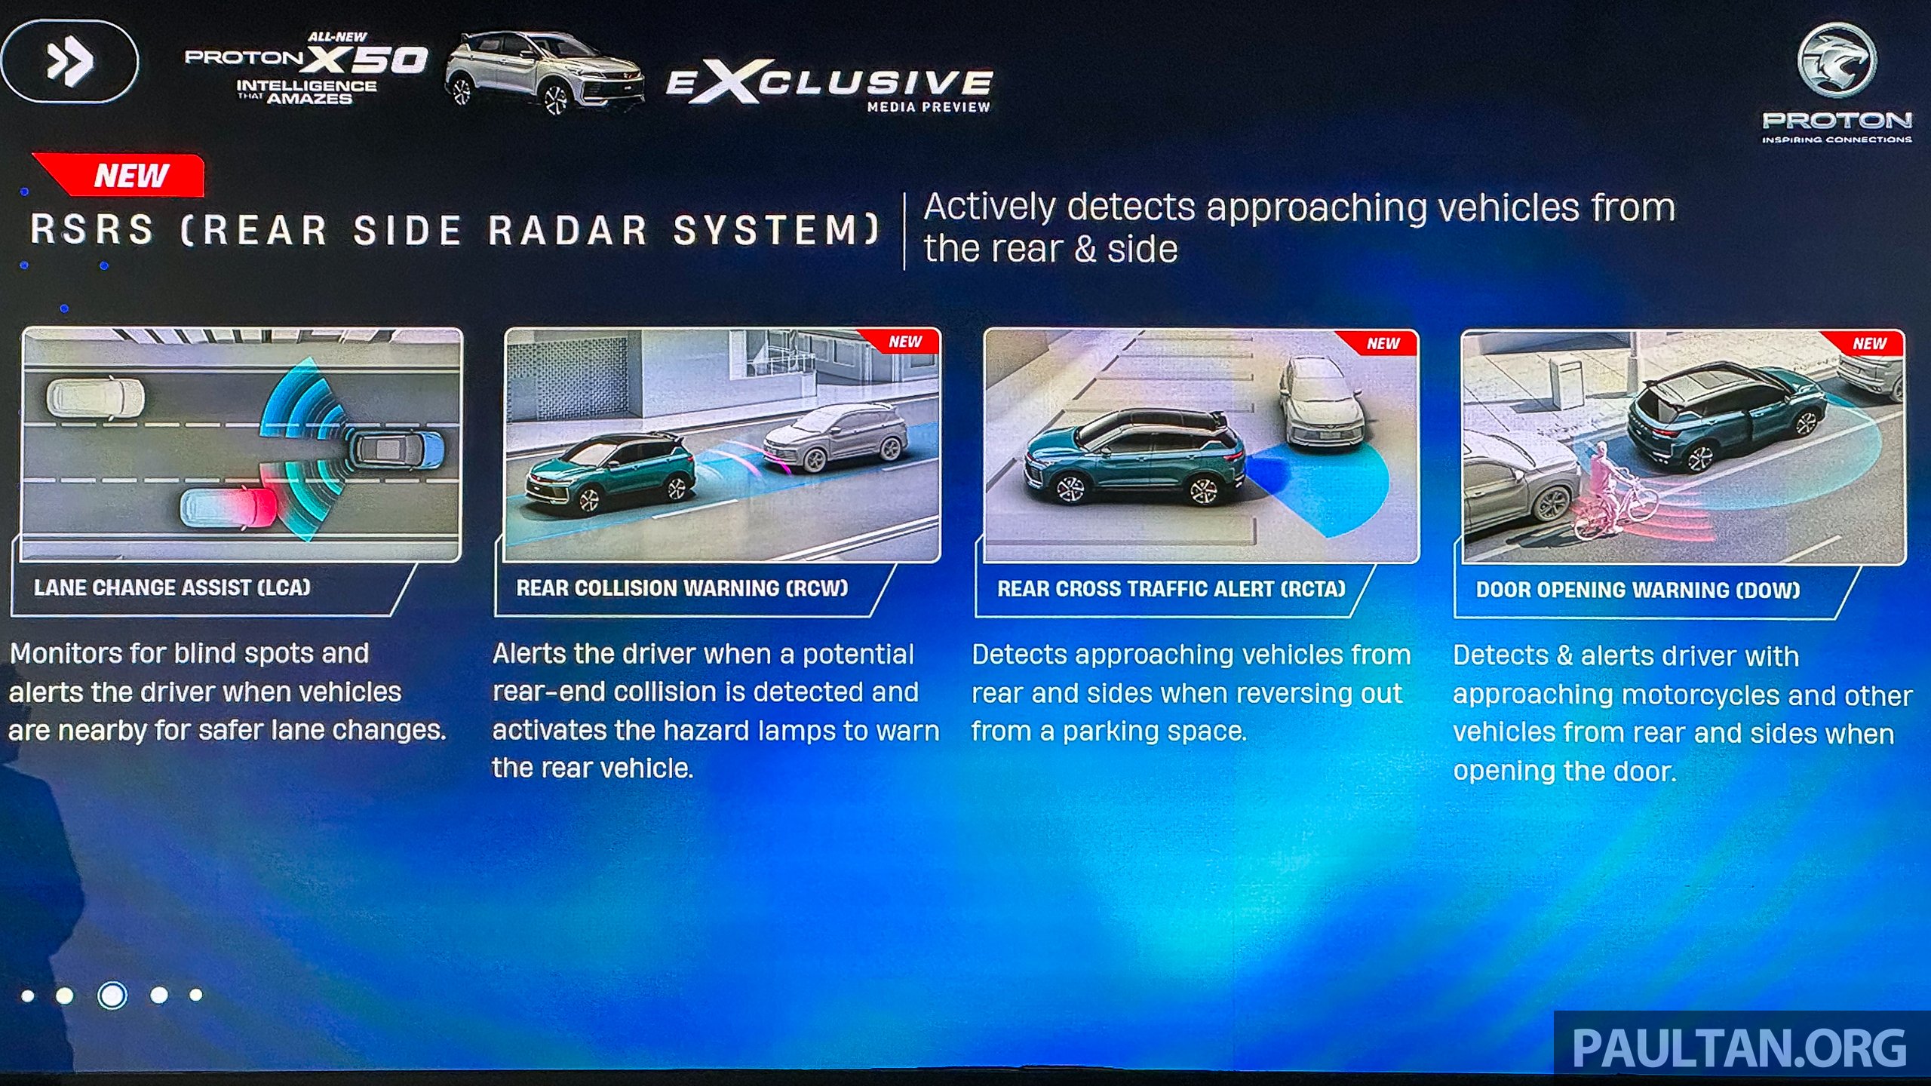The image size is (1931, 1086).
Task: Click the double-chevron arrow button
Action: [69, 61]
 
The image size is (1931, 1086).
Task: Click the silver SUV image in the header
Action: [545, 72]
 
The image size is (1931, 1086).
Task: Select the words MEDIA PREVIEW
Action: [929, 107]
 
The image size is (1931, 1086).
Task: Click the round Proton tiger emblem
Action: [1836, 60]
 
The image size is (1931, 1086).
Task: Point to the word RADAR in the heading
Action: [567, 230]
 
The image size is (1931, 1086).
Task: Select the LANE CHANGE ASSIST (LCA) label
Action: [172, 587]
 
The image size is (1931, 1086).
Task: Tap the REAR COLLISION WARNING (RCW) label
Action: [682, 588]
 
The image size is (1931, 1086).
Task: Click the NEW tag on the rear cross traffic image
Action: [1382, 343]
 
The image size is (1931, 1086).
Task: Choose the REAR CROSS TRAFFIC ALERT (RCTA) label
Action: [1171, 589]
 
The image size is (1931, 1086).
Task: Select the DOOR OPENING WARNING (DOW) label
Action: [1638, 590]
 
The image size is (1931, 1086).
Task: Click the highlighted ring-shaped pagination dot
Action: [112, 995]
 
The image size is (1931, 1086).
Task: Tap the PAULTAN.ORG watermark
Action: [1739, 1048]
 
